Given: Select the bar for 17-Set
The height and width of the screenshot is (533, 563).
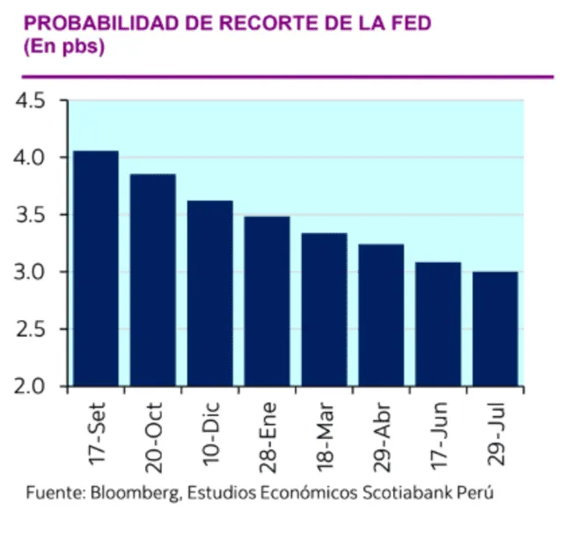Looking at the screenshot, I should click(x=96, y=268).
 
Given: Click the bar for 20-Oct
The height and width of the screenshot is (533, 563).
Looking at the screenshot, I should click(x=153, y=280).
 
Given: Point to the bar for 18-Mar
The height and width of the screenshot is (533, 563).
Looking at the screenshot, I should click(x=325, y=309).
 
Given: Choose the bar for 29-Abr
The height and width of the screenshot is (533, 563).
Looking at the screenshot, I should click(x=382, y=315).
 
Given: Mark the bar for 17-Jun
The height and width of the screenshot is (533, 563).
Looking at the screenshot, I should click(x=439, y=324).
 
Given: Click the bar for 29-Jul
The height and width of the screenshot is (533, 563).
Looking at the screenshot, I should click(x=495, y=328).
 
